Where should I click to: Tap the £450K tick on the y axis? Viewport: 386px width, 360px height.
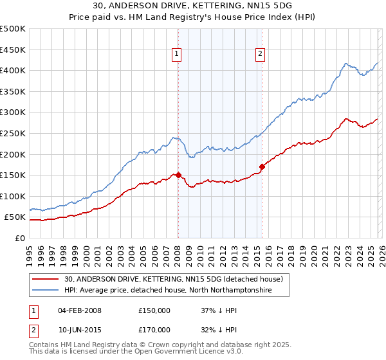(13, 50)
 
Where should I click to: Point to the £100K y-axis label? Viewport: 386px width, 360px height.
(13, 196)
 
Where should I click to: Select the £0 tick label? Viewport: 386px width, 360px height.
(19, 239)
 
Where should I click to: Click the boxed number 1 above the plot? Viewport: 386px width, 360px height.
(176, 55)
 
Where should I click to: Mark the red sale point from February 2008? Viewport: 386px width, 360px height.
(178, 175)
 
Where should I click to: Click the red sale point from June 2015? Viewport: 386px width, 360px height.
(262, 166)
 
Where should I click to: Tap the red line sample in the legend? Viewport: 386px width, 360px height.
(46, 279)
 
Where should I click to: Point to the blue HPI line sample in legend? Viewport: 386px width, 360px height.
(46, 291)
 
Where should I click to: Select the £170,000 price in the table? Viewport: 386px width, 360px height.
(154, 329)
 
